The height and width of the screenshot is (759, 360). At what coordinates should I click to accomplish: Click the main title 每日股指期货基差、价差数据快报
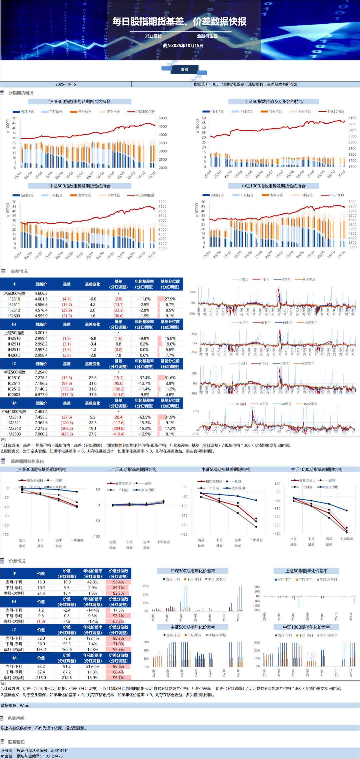tap(179, 22)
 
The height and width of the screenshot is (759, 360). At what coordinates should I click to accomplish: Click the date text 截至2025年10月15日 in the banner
tap(183, 46)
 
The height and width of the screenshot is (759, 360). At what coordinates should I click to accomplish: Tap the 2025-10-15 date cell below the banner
tap(66, 84)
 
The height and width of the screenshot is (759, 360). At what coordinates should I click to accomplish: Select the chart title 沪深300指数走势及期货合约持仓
tap(80, 101)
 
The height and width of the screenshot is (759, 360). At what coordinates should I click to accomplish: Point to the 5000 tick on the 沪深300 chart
tap(163, 118)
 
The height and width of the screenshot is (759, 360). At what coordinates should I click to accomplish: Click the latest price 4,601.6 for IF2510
tap(41, 299)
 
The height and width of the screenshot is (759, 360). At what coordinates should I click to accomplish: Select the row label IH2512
tap(14, 350)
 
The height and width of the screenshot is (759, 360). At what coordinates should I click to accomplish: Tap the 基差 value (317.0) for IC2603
tap(67, 395)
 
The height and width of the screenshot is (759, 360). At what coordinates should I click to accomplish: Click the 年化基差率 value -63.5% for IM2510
tap(144, 417)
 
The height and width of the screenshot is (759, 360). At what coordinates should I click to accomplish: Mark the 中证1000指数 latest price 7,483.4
tap(41, 412)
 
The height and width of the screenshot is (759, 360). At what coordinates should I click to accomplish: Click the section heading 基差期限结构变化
tap(27, 462)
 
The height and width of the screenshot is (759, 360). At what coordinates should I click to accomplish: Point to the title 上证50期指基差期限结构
tap(133, 470)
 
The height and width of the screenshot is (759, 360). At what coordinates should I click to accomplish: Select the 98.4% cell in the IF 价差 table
tap(118, 582)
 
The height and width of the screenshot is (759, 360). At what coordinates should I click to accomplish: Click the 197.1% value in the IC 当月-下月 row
tap(93, 638)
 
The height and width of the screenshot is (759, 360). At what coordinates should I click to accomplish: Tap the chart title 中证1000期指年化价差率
tap(306, 627)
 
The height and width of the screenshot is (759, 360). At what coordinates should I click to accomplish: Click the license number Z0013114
tap(60, 751)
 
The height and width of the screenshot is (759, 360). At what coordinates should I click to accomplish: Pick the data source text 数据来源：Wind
tap(15, 706)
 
